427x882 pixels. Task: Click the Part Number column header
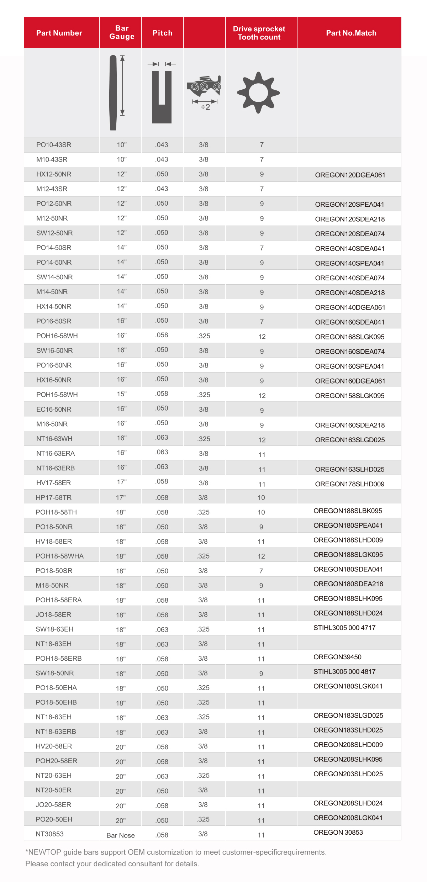tap(59, 33)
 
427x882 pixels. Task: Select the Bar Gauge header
tap(122, 32)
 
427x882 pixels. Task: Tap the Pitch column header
tap(162, 33)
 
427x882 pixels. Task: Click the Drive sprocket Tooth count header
tap(259, 33)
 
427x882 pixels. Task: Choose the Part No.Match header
tap(351, 33)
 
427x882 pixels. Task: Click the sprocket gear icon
tap(258, 93)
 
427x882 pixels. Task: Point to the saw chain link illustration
tap(204, 86)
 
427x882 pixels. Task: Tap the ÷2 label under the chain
tap(205, 107)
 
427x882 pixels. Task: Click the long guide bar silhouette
tap(113, 93)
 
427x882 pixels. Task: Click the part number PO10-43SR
tap(54, 145)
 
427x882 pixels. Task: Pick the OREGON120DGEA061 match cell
tap(350, 175)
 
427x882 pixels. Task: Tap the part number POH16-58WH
tap(57, 336)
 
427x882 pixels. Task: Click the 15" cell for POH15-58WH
tap(122, 394)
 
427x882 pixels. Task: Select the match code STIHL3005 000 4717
tap(344, 628)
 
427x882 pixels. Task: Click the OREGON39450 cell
tap(337, 657)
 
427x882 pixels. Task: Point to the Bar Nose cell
tap(121, 835)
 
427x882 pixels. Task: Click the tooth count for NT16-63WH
tap(262, 440)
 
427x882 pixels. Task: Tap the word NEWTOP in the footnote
tap(43, 852)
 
